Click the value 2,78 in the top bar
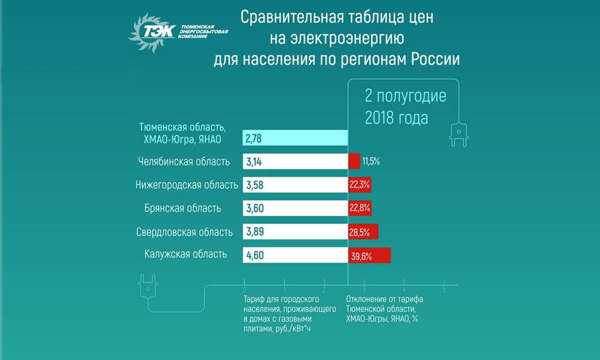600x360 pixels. [x=253, y=139]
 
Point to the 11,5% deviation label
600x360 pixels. [x=371, y=162]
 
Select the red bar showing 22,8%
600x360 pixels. [x=360, y=208]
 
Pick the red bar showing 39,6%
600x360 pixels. [x=369, y=255]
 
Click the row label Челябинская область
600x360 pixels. [x=184, y=161]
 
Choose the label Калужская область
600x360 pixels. [x=185, y=254]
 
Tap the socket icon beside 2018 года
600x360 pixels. [x=459, y=135]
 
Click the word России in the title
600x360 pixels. [x=433, y=58]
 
